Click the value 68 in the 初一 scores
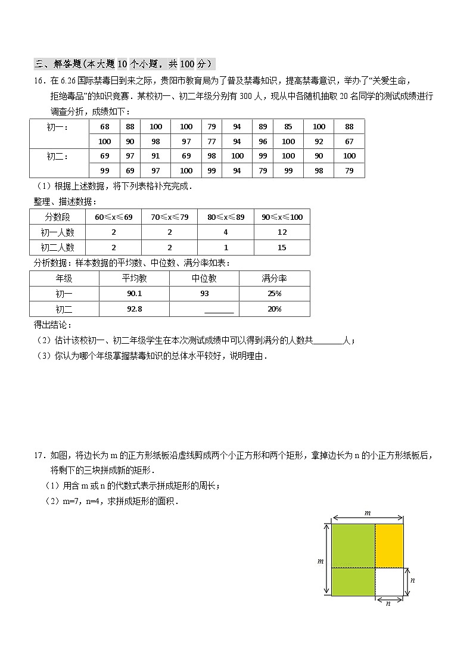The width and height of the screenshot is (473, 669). click(x=105, y=126)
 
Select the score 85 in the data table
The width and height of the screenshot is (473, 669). click(x=288, y=126)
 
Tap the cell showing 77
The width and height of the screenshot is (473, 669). click(x=211, y=141)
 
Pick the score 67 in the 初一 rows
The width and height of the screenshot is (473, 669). click(x=349, y=141)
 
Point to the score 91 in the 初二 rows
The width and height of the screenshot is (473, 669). click(x=155, y=155)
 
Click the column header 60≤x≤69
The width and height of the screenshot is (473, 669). click(x=113, y=217)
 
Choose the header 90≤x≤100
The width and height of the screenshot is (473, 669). click(x=282, y=217)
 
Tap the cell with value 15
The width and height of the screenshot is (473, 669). click(x=282, y=247)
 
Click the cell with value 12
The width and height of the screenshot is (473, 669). click(x=282, y=232)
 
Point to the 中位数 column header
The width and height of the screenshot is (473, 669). click(x=204, y=278)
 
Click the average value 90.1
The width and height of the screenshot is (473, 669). click(x=135, y=294)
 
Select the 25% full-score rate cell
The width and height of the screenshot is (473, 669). click(x=274, y=294)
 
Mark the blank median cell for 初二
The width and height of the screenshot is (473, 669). click(x=219, y=309)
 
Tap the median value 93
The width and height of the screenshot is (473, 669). click(x=204, y=294)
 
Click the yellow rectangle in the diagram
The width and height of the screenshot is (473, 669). click(x=390, y=546)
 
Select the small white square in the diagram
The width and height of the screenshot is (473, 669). click(x=390, y=581)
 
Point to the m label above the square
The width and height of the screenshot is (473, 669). click(x=368, y=512)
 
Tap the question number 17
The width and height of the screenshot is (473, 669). click(x=39, y=456)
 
